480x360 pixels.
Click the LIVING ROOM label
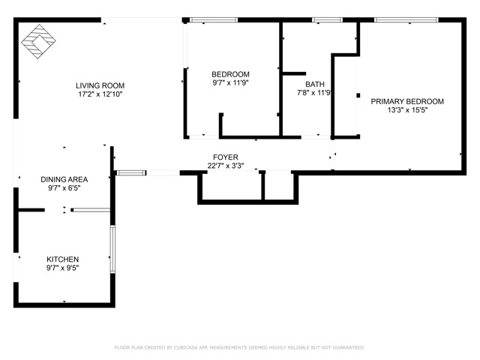[100, 85]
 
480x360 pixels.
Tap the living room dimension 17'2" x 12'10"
[100, 94]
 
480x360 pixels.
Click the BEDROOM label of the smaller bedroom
[230, 74]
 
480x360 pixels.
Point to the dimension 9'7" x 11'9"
[230, 83]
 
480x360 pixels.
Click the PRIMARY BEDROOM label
[406, 101]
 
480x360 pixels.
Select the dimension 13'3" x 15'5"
[406, 110]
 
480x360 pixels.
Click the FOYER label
[225, 157]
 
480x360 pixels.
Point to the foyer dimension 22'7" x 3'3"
[225, 166]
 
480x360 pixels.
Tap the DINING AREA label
[64, 179]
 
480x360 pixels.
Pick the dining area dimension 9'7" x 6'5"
[64, 188]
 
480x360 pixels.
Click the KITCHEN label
[62, 259]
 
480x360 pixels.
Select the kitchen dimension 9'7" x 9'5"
[62, 268]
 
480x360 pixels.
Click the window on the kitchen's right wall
[112, 250]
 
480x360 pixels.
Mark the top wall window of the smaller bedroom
[203, 20]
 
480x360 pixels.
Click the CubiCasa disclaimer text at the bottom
[239, 347]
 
